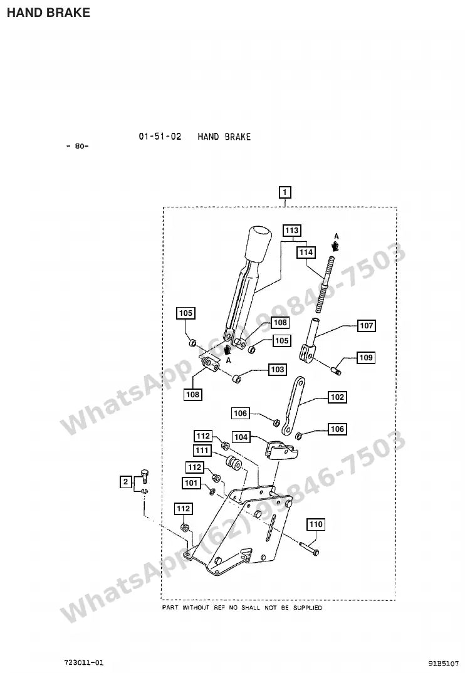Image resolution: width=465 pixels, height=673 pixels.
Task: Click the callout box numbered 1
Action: coord(285,192)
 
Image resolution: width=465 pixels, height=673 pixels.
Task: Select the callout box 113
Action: coord(292,231)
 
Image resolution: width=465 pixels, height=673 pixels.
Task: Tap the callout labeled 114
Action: coord(306,252)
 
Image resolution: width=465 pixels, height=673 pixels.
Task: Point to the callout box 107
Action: coord(366,326)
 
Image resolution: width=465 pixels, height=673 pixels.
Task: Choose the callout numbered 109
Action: coord(366,358)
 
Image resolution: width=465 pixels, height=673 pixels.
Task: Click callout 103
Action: coord(278,369)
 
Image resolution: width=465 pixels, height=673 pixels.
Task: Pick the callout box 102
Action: coord(337,397)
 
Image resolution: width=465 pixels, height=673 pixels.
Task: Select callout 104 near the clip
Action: coord(241,437)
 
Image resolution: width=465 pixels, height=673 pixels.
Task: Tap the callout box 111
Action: coord(202,451)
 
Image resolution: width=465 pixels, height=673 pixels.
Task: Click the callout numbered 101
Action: coord(191,483)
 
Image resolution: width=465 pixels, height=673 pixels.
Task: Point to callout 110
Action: coord(316,524)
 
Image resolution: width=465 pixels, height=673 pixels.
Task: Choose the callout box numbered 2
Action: coord(125,482)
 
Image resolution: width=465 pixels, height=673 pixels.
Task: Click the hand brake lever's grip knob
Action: coord(259,243)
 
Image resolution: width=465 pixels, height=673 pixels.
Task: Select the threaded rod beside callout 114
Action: coord(325,284)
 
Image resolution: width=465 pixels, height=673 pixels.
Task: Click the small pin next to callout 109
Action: coord(337,368)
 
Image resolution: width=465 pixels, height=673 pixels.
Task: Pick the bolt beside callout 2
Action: coord(144,476)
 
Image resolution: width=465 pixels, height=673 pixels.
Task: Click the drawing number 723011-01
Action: coord(84,663)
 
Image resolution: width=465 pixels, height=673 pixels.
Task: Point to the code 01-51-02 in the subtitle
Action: coord(160,137)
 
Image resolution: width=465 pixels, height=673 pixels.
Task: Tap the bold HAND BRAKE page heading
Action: coord(48,13)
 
